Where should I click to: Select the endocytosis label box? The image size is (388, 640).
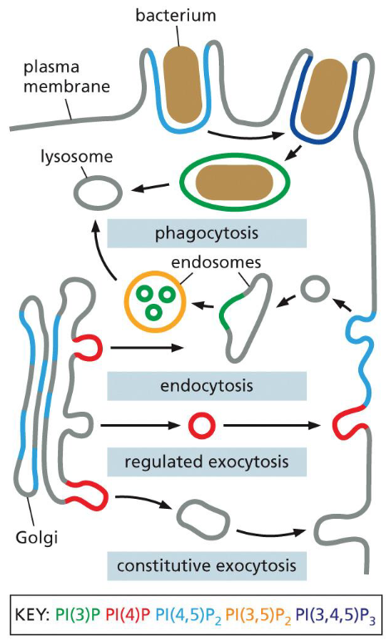207,386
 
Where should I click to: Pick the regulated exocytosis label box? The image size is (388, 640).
207,461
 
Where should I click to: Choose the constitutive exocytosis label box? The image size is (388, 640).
207,566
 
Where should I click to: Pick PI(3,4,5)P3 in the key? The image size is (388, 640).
336,618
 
